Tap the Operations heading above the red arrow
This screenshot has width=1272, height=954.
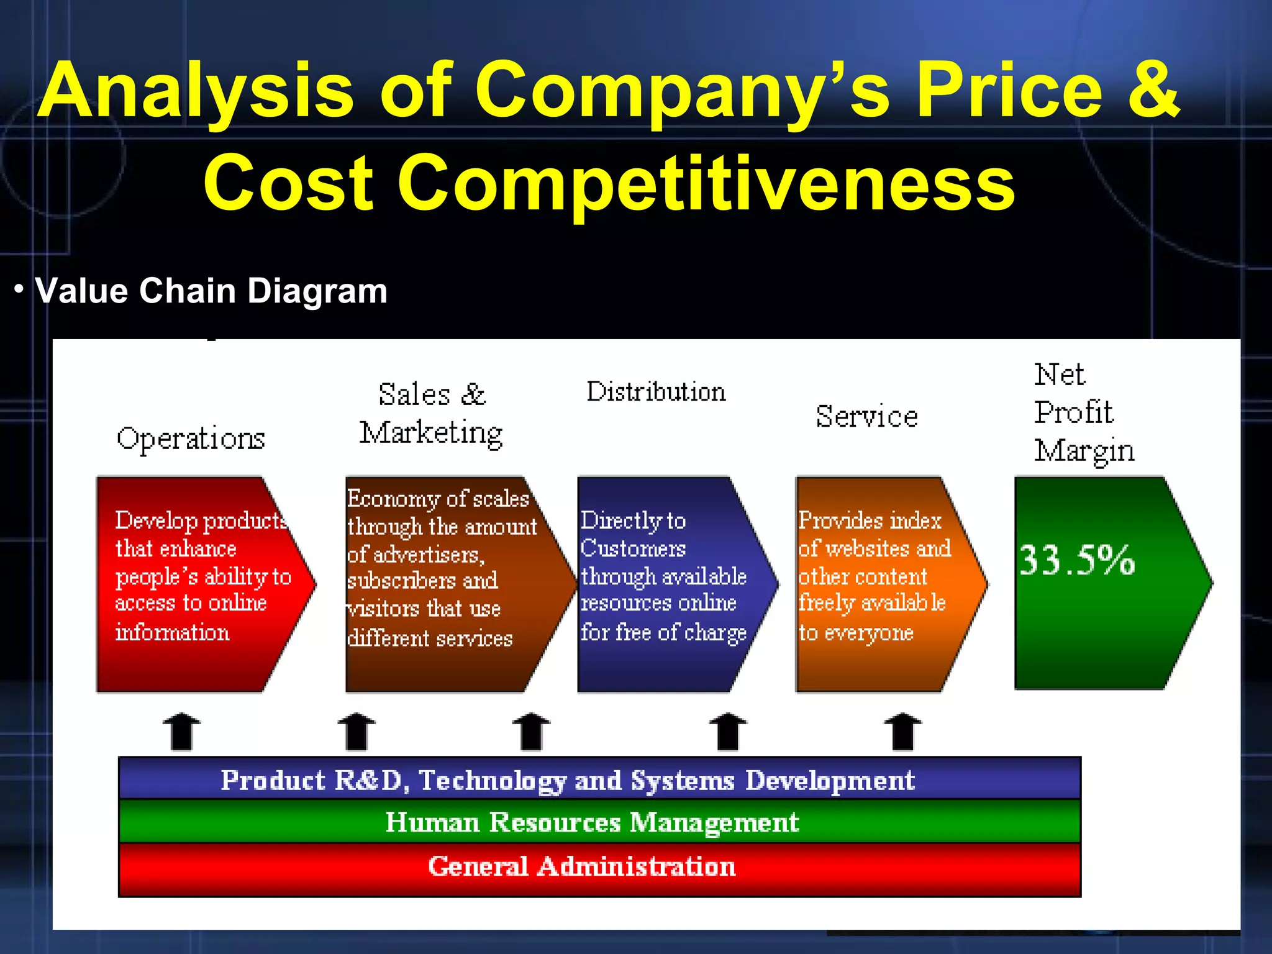coord(191,438)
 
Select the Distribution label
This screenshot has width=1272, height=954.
coord(656,392)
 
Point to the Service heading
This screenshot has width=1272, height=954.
coord(866,416)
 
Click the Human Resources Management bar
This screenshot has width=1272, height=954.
coord(599,822)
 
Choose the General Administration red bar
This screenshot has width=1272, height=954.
coord(599,868)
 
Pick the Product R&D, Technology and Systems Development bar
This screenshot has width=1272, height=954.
coord(599,780)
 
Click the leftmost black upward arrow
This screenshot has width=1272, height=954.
coord(181,732)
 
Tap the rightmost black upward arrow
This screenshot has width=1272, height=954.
coord(902,732)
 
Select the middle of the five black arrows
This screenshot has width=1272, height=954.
coord(531,732)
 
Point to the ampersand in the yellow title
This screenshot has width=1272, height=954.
coord(1154,90)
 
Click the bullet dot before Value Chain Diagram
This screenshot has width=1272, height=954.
coord(19,289)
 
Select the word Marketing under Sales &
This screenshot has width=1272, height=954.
coord(431,433)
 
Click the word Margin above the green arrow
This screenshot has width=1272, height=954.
coord(1084,451)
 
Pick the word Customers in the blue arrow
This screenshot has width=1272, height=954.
coord(633,548)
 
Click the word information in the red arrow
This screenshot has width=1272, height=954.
coord(172,632)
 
